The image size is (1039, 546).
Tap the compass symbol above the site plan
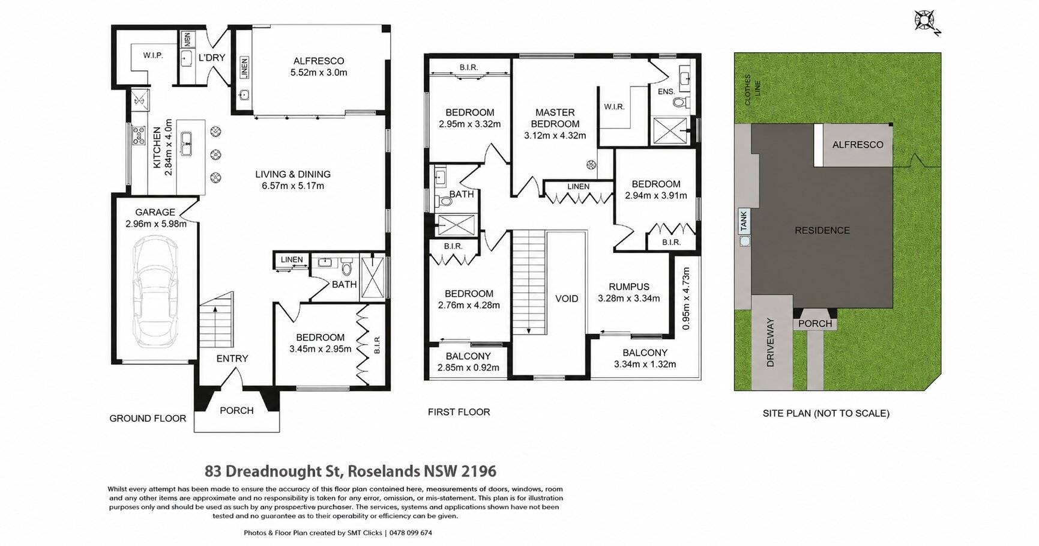[x=924, y=21]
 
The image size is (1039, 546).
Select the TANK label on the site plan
[x=744, y=220]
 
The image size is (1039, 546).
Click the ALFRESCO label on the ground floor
[x=319, y=61]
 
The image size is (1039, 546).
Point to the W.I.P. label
[x=153, y=55]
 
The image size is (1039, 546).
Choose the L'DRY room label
[x=211, y=58]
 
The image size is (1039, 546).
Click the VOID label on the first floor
[x=567, y=299]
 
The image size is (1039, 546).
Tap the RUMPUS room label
[x=629, y=287]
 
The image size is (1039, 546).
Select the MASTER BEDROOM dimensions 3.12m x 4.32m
[x=555, y=135]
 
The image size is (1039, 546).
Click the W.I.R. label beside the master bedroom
[x=615, y=107]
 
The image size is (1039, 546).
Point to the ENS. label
[x=666, y=92]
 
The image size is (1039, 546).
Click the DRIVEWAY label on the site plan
[x=771, y=342]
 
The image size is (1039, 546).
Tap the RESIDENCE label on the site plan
[x=822, y=230]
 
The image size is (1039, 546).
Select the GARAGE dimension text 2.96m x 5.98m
[x=156, y=223]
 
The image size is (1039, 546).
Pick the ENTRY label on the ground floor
[x=232, y=359]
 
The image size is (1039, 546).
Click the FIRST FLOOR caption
[x=459, y=412]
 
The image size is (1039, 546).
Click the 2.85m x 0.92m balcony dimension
[x=468, y=368]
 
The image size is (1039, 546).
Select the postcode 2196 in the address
[x=480, y=471]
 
